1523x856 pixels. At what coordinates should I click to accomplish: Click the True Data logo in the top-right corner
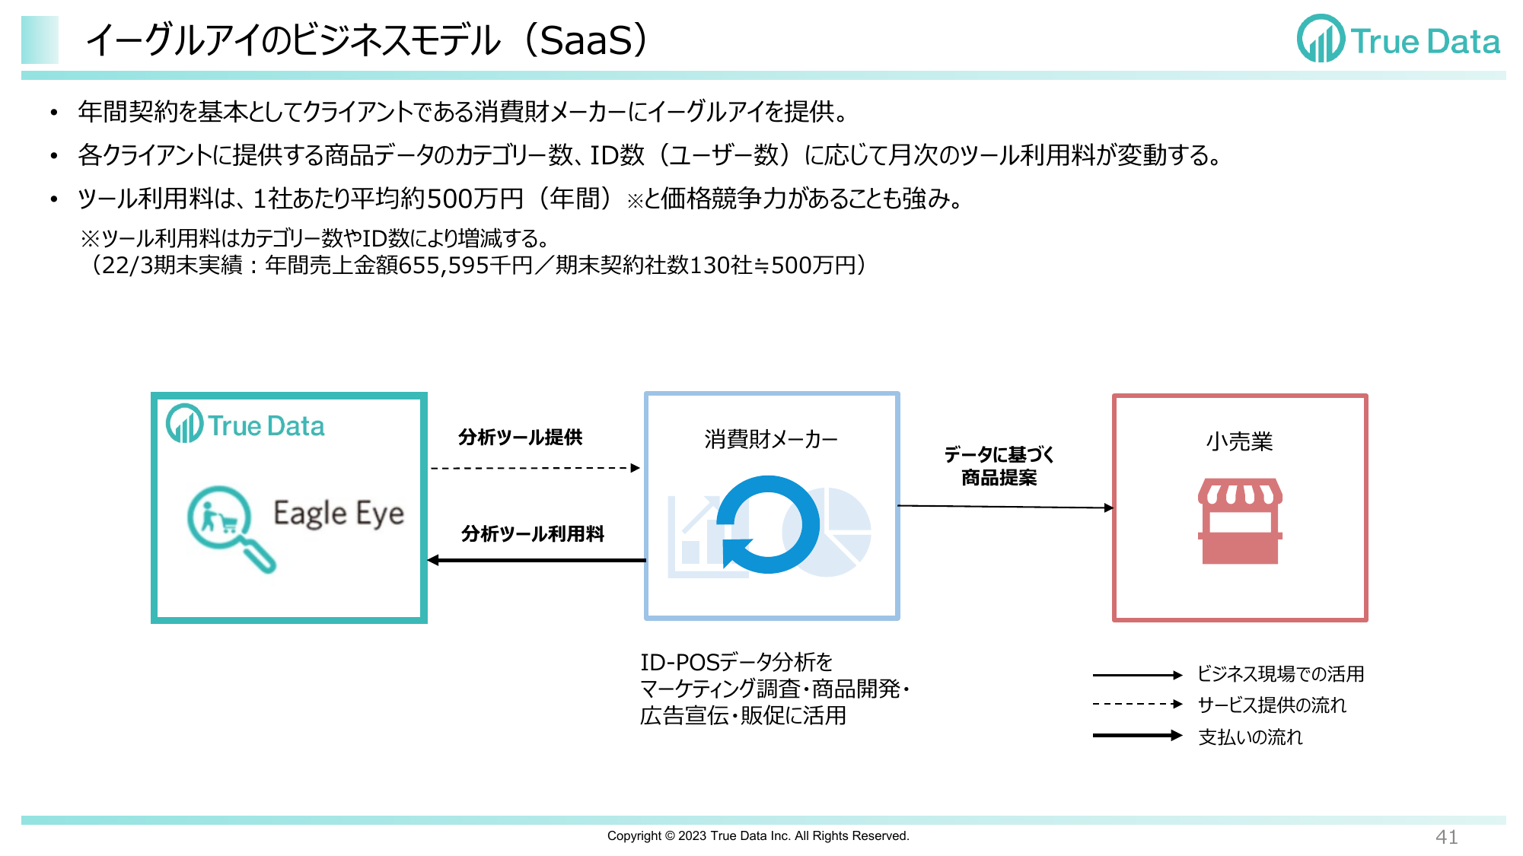1398,39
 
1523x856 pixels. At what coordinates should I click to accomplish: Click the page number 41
1446,837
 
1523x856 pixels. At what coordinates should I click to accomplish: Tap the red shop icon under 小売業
1240,521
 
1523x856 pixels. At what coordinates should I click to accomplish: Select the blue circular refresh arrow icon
768,524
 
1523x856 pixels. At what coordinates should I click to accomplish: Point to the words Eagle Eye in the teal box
339,514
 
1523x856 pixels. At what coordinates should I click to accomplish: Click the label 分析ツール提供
521,438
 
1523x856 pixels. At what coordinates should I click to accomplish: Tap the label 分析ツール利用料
533,534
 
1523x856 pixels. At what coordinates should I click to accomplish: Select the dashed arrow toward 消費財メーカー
535,468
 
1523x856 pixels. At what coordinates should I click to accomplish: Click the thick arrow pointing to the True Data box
537,561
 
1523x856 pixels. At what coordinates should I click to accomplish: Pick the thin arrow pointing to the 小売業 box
1005,507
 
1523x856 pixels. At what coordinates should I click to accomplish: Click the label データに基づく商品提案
999,466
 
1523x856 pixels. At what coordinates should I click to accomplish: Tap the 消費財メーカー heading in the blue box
771,440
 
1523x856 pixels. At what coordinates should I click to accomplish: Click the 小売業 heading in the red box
1239,441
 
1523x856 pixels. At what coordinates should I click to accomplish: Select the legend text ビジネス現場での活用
1280,674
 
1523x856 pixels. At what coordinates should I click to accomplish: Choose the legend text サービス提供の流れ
1272,705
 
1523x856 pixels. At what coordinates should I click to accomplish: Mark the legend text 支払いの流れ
1251,737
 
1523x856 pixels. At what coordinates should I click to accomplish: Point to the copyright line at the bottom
758,836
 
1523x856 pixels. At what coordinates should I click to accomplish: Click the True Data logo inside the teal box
245,425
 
